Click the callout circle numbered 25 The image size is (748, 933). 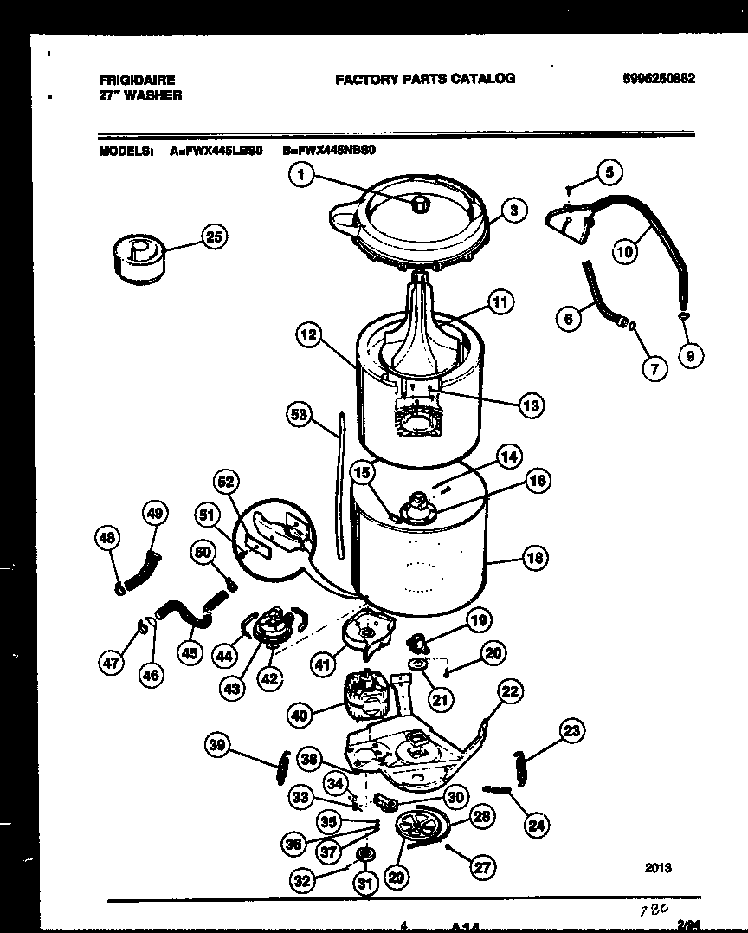pyautogui.click(x=213, y=236)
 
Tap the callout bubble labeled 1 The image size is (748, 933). pyautogui.click(x=300, y=176)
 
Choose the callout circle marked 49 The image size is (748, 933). pyautogui.click(x=153, y=514)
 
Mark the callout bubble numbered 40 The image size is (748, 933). pyautogui.click(x=300, y=716)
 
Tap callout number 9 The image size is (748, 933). pyautogui.click(x=690, y=353)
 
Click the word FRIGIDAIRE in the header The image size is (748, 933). pyautogui.click(x=137, y=79)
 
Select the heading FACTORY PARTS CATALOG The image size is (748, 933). pyautogui.click(x=424, y=79)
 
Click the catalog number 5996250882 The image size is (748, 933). pyautogui.click(x=659, y=79)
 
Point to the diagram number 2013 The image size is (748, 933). pyautogui.click(x=657, y=867)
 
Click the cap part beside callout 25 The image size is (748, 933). pyautogui.click(x=134, y=255)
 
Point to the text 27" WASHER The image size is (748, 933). pyautogui.click(x=140, y=95)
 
